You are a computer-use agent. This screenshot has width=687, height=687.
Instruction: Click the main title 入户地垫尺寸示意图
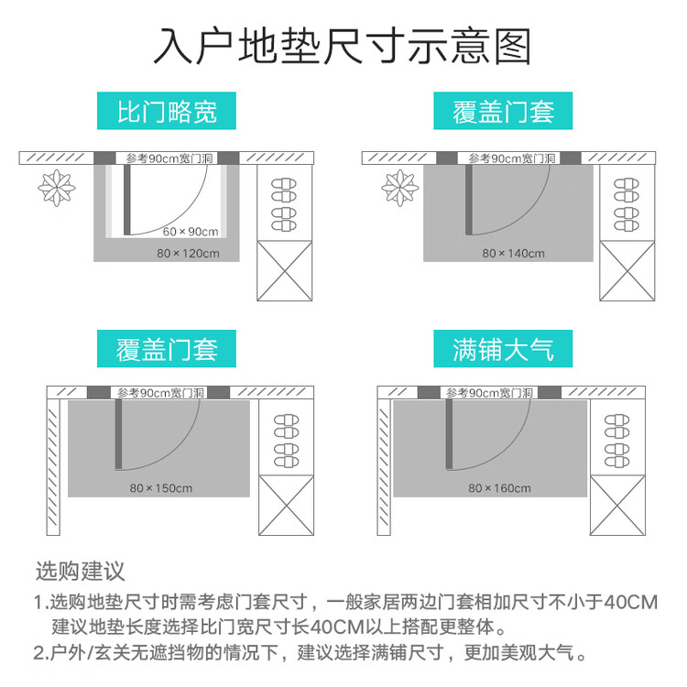tap(343, 46)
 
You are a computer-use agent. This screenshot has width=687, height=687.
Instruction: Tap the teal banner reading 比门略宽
tap(167, 111)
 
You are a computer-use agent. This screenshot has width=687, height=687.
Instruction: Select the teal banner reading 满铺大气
tap(503, 349)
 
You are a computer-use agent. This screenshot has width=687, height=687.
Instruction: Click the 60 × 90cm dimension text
tap(191, 232)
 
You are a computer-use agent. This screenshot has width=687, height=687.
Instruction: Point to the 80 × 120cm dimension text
tap(188, 253)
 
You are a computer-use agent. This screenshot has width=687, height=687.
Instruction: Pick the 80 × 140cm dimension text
tap(513, 253)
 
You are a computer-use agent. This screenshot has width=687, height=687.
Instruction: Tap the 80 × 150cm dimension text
tap(161, 488)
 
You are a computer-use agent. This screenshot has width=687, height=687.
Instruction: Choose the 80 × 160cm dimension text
tap(499, 488)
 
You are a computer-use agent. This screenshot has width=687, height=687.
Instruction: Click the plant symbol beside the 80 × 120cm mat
tap(57, 188)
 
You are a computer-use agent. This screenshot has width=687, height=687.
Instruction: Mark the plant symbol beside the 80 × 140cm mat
tap(400, 188)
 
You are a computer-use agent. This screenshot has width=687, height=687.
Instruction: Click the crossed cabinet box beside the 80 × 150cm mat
tap(286, 505)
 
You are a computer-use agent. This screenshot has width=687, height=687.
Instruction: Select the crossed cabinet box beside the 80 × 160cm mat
tap(617, 505)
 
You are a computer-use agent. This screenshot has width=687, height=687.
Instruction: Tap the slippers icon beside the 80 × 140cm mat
tap(627, 204)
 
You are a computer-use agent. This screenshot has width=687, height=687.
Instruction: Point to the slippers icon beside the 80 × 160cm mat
tap(616, 441)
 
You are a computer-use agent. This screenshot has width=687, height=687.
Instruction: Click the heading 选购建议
tap(81, 572)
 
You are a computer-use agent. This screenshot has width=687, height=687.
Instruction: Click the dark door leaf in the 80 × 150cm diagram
tap(118, 434)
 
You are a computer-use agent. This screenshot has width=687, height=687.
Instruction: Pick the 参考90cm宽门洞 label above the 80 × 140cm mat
tap(512, 158)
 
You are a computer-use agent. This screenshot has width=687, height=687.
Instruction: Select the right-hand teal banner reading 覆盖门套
tap(503, 111)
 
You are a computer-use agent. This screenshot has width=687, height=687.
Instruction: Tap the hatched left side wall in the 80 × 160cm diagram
tap(384, 467)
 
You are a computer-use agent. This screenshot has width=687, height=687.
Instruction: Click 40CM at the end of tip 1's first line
tap(631, 603)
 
